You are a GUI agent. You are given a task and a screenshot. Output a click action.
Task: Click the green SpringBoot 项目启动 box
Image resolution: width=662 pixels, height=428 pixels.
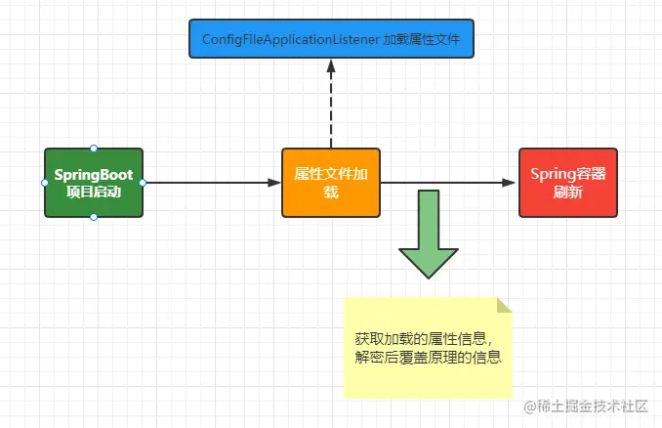[94, 183]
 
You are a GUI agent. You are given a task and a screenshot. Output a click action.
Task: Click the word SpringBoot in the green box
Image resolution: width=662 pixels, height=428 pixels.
[94, 174]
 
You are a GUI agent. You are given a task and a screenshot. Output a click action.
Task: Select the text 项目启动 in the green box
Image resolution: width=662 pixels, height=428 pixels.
[94, 192]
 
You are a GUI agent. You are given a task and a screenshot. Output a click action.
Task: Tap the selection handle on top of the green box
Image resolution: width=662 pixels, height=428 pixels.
[94, 148]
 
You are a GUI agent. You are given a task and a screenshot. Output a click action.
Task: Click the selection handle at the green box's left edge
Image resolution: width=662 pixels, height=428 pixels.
[45, 183]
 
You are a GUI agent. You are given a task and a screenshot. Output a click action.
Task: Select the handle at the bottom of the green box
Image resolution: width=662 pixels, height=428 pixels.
[94, 217]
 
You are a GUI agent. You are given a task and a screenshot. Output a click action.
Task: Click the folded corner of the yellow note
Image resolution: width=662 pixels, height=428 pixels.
[504, 305]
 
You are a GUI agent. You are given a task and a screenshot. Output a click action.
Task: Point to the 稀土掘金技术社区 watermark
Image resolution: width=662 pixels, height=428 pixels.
[591, 406]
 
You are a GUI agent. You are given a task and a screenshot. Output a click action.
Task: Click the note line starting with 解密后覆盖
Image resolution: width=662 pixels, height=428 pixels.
[428, 359]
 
